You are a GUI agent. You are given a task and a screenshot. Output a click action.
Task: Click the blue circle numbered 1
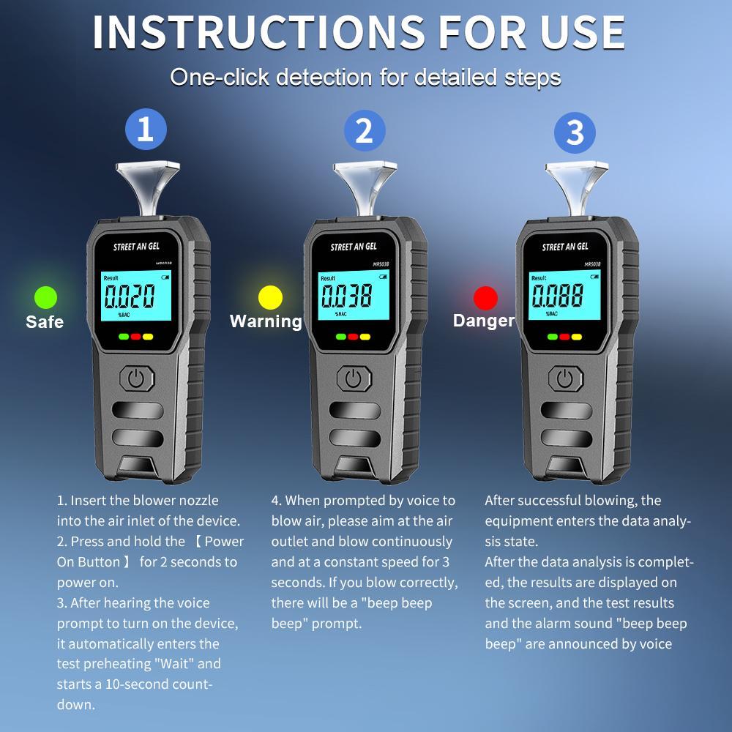(x=146, y=130)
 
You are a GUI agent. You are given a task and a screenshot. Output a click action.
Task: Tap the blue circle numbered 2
(x=364, y=131)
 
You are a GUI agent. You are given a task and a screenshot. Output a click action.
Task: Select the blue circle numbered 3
(x=575, y=133)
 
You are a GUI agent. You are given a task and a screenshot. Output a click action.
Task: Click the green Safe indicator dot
(x=45, y=297)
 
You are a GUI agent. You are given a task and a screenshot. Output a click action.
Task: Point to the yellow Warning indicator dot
(x=270, y=297)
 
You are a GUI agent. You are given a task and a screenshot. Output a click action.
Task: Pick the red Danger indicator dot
(x=485, y=298)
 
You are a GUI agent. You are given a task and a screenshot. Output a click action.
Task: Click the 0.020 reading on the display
(x=130, y=296)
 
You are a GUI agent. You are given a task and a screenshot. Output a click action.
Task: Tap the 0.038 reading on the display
(x=347, y=295)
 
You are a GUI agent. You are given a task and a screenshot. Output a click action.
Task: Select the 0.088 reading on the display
(x=558, y=296)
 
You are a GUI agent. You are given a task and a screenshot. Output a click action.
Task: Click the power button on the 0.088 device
(x=564, y=378)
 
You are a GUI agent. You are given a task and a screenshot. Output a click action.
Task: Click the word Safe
(x=45, y=322)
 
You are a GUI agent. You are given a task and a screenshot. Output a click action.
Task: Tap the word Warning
(x=266, y=321)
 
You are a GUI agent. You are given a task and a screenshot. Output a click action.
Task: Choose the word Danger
(x=484, y=321)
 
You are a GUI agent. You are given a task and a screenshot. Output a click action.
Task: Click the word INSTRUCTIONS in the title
(x=258, y=32)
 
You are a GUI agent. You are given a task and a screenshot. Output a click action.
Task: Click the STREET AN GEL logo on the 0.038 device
(x=354, y=247)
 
